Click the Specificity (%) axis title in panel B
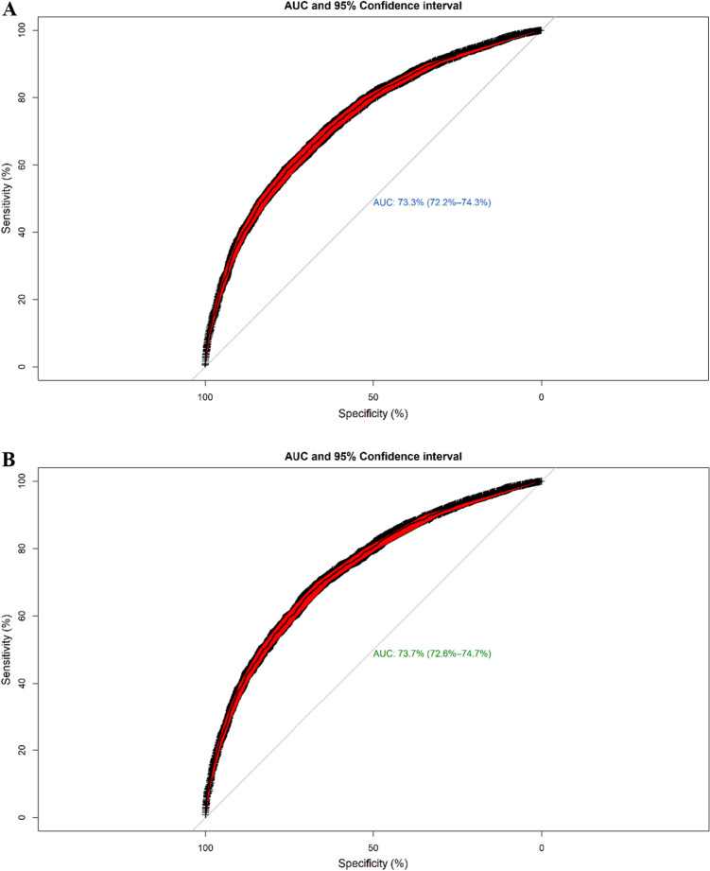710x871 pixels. point(372,864)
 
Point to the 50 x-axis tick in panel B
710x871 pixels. point(372,848)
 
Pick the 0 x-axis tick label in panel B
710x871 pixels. point(541,848)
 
